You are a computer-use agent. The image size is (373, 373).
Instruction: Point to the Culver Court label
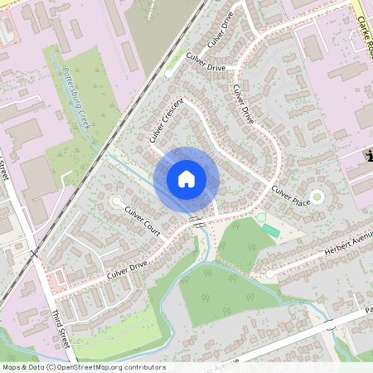point(142,221)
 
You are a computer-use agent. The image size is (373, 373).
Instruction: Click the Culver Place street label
point(290,197)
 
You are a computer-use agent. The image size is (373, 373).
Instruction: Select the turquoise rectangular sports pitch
point(271,230)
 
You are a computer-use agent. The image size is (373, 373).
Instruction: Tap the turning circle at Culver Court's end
point(116,201)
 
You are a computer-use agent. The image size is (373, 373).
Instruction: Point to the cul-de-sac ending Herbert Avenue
point(267,272)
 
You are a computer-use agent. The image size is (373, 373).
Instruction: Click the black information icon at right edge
point(368,155)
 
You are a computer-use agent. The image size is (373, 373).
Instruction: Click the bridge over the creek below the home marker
point(197,222)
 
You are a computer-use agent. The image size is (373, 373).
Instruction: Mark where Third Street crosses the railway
point(34,253)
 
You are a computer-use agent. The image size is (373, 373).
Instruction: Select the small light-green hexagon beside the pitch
point(261,217)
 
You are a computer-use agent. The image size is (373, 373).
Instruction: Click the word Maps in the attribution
point(12,367)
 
